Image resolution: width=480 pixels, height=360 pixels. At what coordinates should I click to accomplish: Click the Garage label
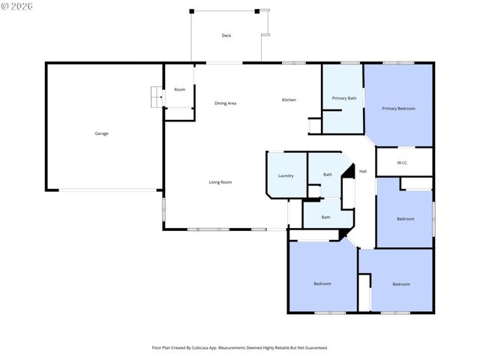pos(101,133)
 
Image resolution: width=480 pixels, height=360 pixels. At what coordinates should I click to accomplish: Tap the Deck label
pos(226,36)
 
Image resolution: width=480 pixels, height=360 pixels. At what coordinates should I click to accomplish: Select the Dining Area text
pos(225,103)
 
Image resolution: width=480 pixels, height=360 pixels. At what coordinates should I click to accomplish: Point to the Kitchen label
pos(289,100)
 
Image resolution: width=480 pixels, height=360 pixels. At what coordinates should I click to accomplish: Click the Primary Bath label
pos(344,97)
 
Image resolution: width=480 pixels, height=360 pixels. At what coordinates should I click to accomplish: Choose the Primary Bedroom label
pos(398,108)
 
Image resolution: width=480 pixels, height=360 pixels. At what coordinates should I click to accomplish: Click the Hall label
pos(363,172)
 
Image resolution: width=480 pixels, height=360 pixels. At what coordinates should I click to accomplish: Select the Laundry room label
pos(286,175)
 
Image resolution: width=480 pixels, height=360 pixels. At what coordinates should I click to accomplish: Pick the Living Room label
pos(220,182)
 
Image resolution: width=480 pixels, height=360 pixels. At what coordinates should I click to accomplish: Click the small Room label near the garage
pos(180,89)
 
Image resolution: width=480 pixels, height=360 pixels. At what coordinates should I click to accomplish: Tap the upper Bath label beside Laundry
pos(328,175)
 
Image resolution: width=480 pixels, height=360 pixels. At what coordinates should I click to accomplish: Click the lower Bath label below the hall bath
pos(325,217)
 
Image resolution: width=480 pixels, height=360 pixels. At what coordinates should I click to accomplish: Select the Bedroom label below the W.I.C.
pos(406,218)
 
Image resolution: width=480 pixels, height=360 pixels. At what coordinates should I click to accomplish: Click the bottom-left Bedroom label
pos(322,283)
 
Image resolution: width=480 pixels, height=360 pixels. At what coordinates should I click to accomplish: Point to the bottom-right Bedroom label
pos(401,283)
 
